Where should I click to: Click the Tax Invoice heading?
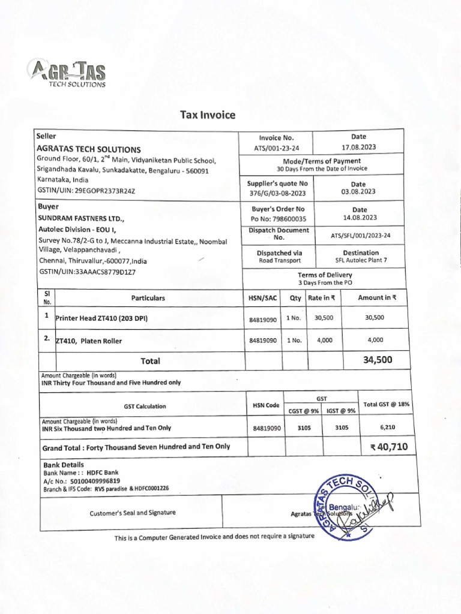(208, 115)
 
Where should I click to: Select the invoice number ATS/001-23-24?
(276, 148)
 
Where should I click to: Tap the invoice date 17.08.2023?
(358, 147)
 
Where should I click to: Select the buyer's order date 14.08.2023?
(360, 218)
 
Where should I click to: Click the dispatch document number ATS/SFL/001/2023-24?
(360, 235)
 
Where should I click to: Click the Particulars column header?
(148, 297)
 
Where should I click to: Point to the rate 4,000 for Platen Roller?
(324, 340)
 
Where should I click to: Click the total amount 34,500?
(378, 360)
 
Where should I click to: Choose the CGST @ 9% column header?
(303, 411)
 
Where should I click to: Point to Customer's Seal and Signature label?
(133, 513)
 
